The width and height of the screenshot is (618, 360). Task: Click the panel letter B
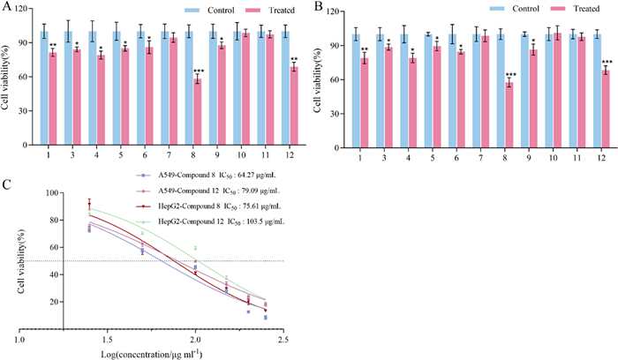pyautogui.click(x=315, y=6)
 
